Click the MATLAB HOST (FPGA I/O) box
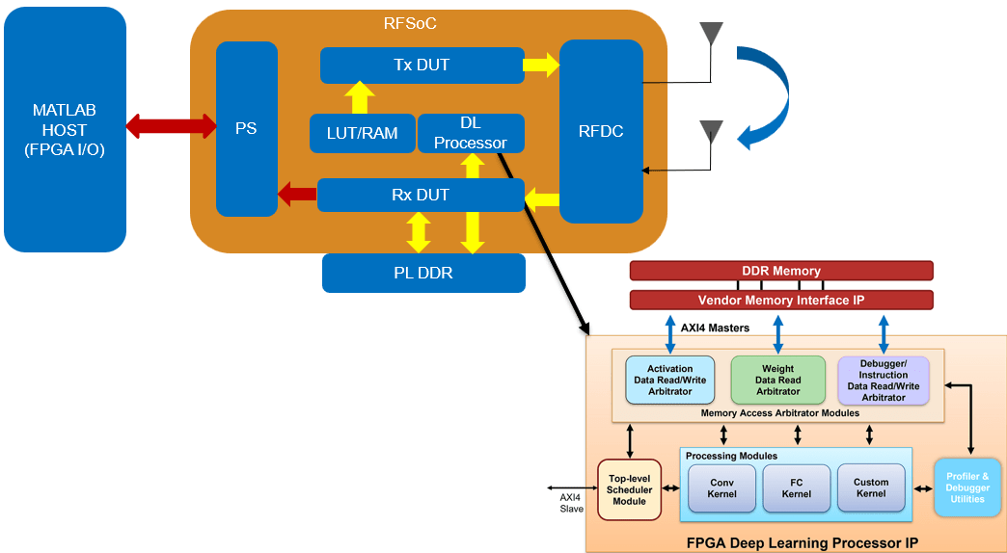click(65, 129)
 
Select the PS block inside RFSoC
click(246, 128)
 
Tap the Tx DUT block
click(422, 66)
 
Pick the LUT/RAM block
click(362, 133)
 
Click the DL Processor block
click(471, 133)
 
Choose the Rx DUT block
click(420, 195)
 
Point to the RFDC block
click(601, 131)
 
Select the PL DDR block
click(423, 273)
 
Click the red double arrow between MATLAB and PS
click(171, 125)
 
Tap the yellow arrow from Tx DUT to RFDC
click(541, 66)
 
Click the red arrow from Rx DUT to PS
click(297, 195)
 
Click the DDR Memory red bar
click(781, 271)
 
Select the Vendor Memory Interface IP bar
click(781, 300)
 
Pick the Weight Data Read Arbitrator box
click(777, 380)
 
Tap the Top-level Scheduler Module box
click(629, 489)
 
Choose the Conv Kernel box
click(721, 488)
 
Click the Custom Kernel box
click(870, 487)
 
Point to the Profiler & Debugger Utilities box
click(966, 487)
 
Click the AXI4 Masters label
click(715, 328)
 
